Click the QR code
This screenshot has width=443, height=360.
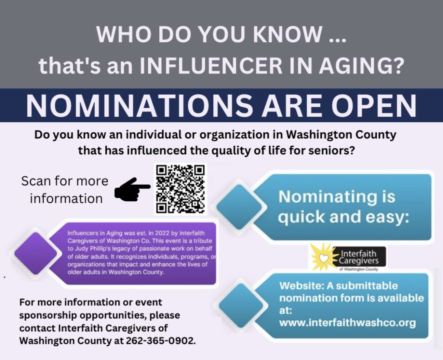180,189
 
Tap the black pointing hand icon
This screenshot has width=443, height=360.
132,189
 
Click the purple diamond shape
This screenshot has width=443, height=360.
36,253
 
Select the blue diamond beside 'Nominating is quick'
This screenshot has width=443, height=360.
239,207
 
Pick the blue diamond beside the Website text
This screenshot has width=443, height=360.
241,306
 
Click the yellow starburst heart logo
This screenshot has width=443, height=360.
324,257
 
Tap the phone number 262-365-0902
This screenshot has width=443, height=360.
161,341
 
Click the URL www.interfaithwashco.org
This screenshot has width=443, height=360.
347,323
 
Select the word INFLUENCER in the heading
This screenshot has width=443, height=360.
211,65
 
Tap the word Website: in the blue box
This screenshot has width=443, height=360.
302,286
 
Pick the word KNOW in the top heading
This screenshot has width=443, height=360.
287,34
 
